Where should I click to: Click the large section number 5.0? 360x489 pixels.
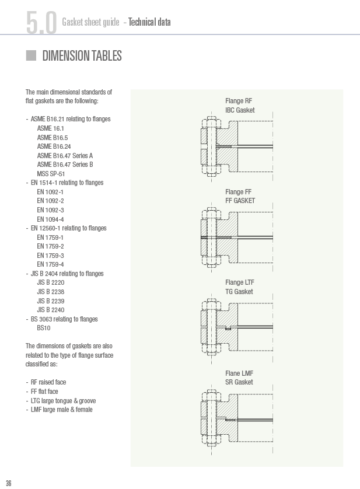point(41,22)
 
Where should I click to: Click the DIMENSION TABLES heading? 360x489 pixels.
point(82,56)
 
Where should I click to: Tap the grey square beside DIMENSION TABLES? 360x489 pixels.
point(31,55)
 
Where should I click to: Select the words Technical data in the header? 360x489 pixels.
point(149,22)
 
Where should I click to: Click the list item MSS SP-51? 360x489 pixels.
point(51,174)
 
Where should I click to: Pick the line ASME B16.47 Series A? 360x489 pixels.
point(65,156)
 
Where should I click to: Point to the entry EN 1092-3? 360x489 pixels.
point(50,210)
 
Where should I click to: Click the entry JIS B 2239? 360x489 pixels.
point(51,301)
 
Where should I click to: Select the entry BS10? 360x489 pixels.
point(44,328)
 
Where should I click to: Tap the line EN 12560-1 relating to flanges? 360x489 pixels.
point(69,228)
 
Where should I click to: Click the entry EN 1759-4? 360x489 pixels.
point(50,264)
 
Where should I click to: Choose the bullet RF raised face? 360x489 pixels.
point(48,382)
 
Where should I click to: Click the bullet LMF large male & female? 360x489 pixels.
point(62,410)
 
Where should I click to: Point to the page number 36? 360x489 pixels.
point(8,483)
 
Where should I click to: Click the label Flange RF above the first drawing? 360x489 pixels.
point(239,101)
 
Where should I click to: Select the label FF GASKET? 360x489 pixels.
point(240,201)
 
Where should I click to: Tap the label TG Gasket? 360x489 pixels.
point(239,292)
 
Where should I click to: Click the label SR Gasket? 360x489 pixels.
point(239,382)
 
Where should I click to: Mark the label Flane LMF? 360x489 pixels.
point(239,373)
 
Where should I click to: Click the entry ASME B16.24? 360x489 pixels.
point(54,146)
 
